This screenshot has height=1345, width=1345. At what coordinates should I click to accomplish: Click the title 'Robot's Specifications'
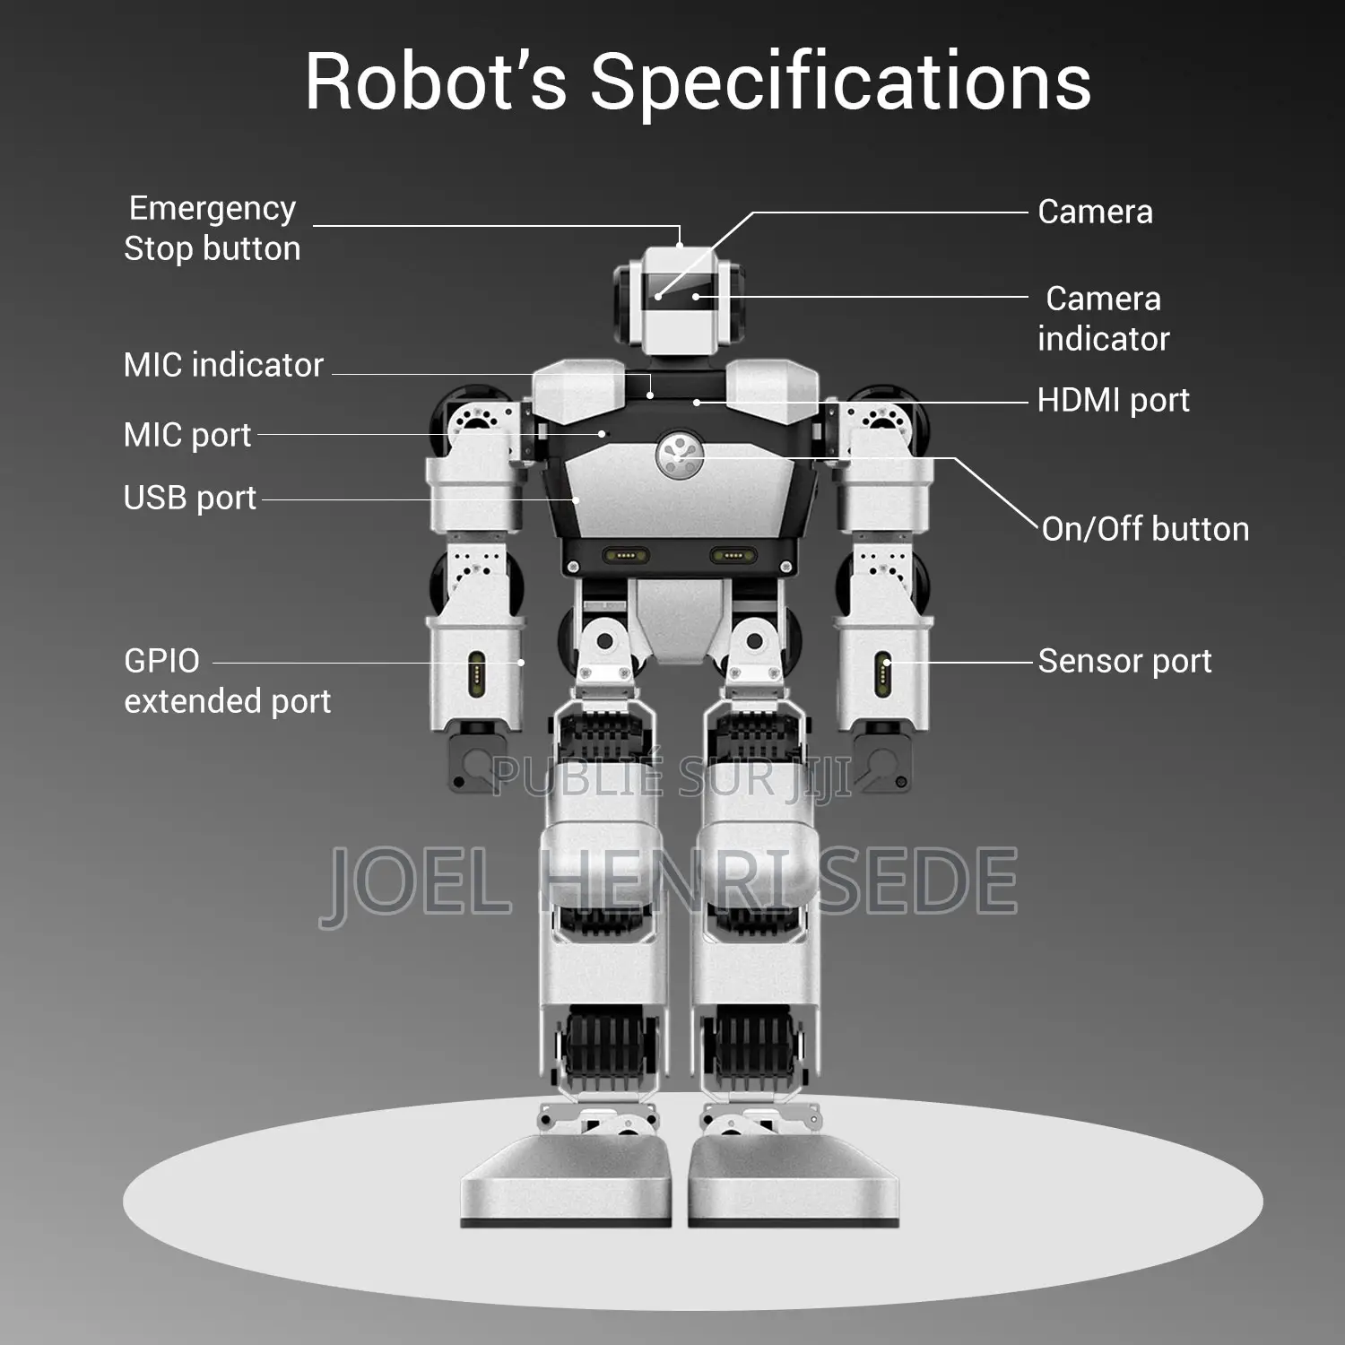point(698,82)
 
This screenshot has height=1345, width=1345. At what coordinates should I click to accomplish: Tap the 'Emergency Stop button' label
point(213,228)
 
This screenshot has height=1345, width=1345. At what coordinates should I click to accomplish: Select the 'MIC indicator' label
point(223,365)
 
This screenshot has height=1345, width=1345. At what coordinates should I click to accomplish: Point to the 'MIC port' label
point(187,435)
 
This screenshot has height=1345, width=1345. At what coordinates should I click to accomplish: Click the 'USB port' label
point(190,498)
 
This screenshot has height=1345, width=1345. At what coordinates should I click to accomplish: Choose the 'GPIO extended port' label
point(227,681)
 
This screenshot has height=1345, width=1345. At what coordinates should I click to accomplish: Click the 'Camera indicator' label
point(1104,318)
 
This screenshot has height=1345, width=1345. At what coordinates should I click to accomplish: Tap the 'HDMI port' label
point(1113,400)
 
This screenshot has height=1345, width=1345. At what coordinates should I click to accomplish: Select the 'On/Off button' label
point(1145,529)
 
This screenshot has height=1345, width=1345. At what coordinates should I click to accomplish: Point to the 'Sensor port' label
point(1124,661)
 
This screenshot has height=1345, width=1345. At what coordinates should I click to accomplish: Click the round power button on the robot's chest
point(680,456)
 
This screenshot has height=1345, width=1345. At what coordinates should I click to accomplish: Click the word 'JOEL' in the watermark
point(416,881)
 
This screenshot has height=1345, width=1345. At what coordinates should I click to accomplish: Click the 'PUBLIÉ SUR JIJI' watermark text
point(672,777)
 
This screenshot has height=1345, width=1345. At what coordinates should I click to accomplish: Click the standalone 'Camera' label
point(1095,212)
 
